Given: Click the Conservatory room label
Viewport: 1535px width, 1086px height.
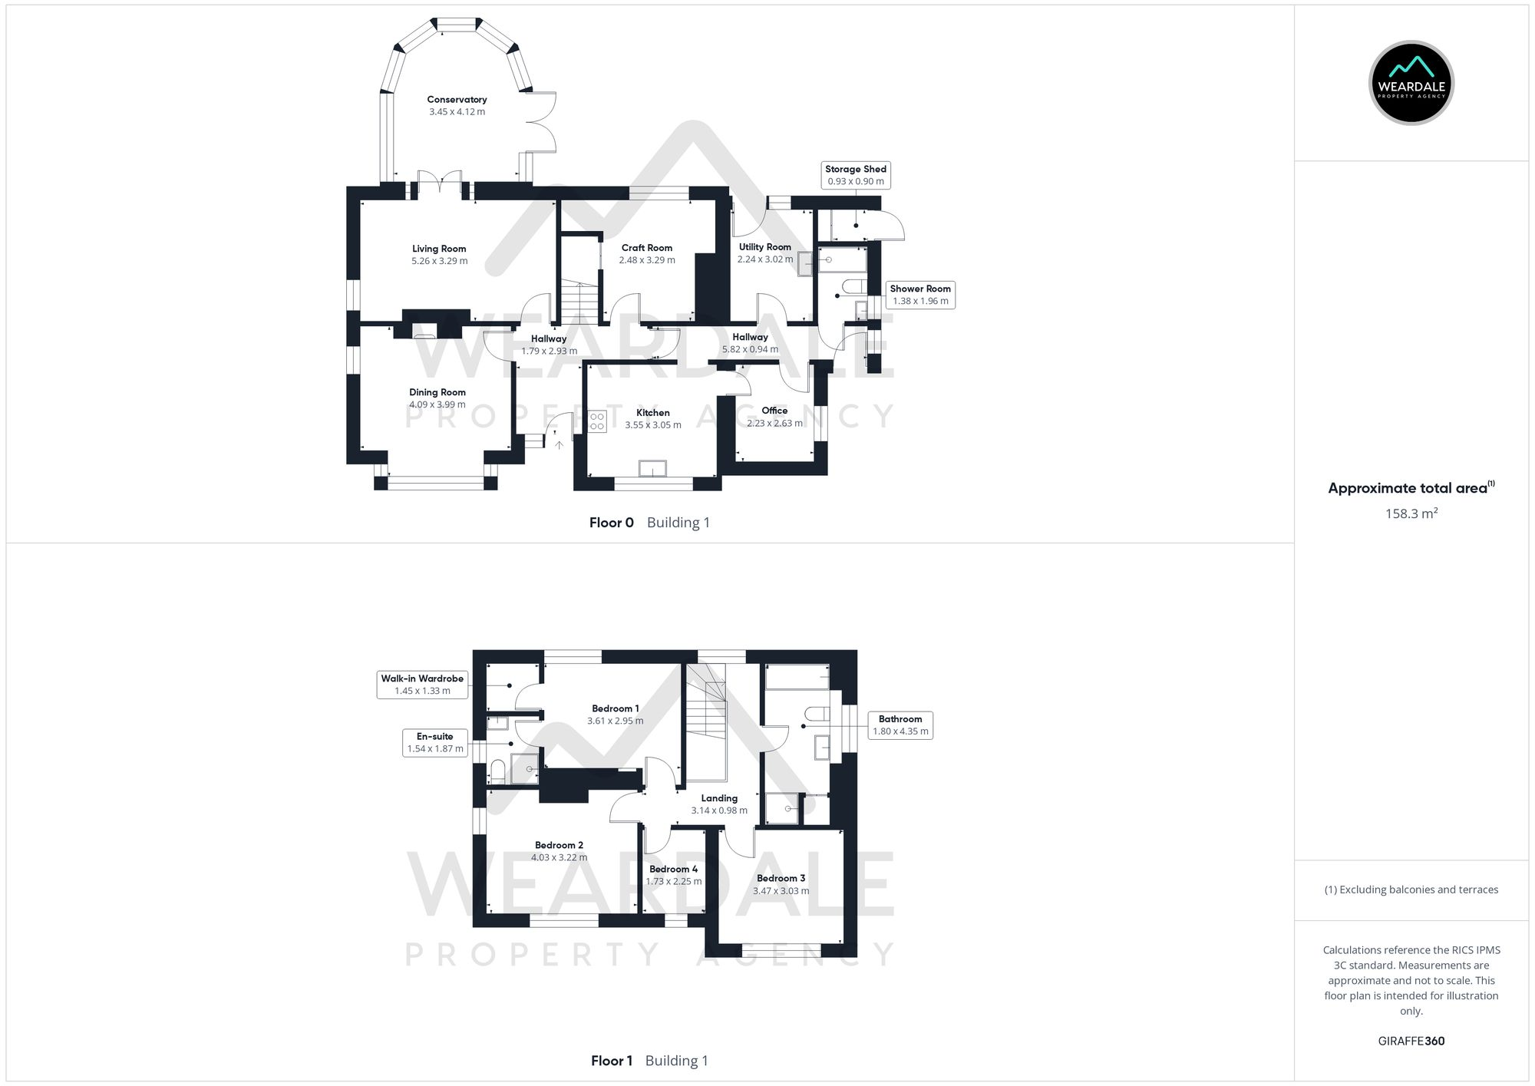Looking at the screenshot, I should tap(457, 100).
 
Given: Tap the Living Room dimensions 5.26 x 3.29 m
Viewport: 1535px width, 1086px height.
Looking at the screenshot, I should tap(439, 261).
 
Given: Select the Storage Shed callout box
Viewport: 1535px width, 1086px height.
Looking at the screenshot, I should tap(855, 175).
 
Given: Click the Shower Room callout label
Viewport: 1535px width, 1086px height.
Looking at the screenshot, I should tap(919, 295).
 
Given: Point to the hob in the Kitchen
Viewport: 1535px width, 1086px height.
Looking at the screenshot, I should tap(597, 421).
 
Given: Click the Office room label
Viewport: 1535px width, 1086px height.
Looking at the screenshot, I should tap(774, 411).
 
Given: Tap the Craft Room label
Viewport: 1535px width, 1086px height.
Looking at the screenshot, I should tap(647, 248).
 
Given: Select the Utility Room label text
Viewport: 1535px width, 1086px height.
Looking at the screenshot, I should tap(764, 247).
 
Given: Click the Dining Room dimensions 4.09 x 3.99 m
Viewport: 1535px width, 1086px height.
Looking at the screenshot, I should tap(437, 404).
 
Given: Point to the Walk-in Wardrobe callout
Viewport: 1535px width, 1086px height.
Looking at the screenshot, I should tap(422, 685).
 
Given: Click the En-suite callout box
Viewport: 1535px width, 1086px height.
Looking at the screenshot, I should tap(434, 742).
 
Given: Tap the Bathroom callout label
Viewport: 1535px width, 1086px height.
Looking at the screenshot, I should tap(900, 725).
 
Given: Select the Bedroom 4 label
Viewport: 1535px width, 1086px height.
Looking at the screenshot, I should tap(673, 870).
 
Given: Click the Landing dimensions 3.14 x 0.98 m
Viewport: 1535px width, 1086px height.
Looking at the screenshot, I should tap(719, 810).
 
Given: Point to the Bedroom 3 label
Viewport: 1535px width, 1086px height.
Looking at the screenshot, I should tap(781, 878).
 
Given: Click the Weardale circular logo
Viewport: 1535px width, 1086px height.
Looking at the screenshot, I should tap(1411, 83).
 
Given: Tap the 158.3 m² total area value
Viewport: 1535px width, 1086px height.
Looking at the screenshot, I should tap(1411, 514).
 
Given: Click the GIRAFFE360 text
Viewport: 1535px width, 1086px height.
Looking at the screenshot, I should tap(1411, 1041).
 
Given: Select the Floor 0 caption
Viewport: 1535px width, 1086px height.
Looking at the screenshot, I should tap(611, 523).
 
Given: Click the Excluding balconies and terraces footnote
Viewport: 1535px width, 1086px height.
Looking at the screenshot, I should tap(1411, 890).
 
